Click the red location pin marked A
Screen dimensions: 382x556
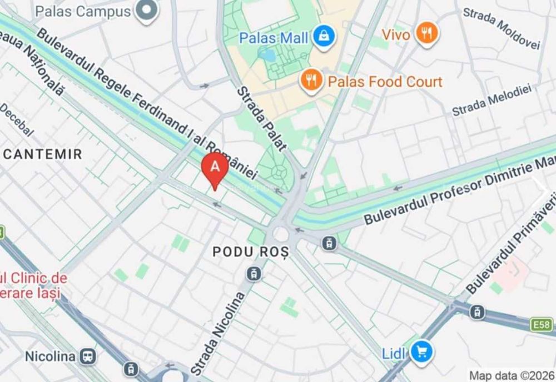[215, 167]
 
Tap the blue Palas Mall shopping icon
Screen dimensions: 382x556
[321, 37]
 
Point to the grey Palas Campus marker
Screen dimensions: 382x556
[147, 11]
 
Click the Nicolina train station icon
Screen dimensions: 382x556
[87, 356]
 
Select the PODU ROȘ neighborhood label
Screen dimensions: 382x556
[251, 252]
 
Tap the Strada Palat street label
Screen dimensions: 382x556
[261, 119]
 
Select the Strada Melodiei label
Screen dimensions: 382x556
[492, 100]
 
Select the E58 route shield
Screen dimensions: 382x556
[545, 323]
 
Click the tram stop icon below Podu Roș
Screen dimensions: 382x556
[254, 273]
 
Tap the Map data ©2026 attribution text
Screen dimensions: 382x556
[512, 375]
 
